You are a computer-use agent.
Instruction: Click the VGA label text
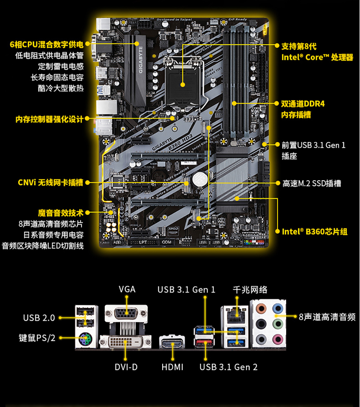click(127, 289)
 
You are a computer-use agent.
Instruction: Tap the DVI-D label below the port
click(126, 367)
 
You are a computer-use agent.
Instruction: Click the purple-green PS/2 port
click(86, 341)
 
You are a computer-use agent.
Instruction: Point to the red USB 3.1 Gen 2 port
click(204, 343)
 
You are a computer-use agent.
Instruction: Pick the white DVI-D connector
click(126, 342)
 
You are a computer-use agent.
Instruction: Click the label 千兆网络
click(250, 290)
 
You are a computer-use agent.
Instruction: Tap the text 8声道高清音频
click(327, 317)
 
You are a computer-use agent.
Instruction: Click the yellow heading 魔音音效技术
click(61, 213)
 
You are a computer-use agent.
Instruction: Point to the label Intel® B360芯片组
click(315, 231)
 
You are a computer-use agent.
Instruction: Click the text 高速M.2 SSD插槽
click(312, 184)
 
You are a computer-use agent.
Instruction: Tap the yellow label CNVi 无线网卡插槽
click(51, 182)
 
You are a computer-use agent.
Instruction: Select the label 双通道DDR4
click(303, 104)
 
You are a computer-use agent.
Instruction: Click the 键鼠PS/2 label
click(37, 338)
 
